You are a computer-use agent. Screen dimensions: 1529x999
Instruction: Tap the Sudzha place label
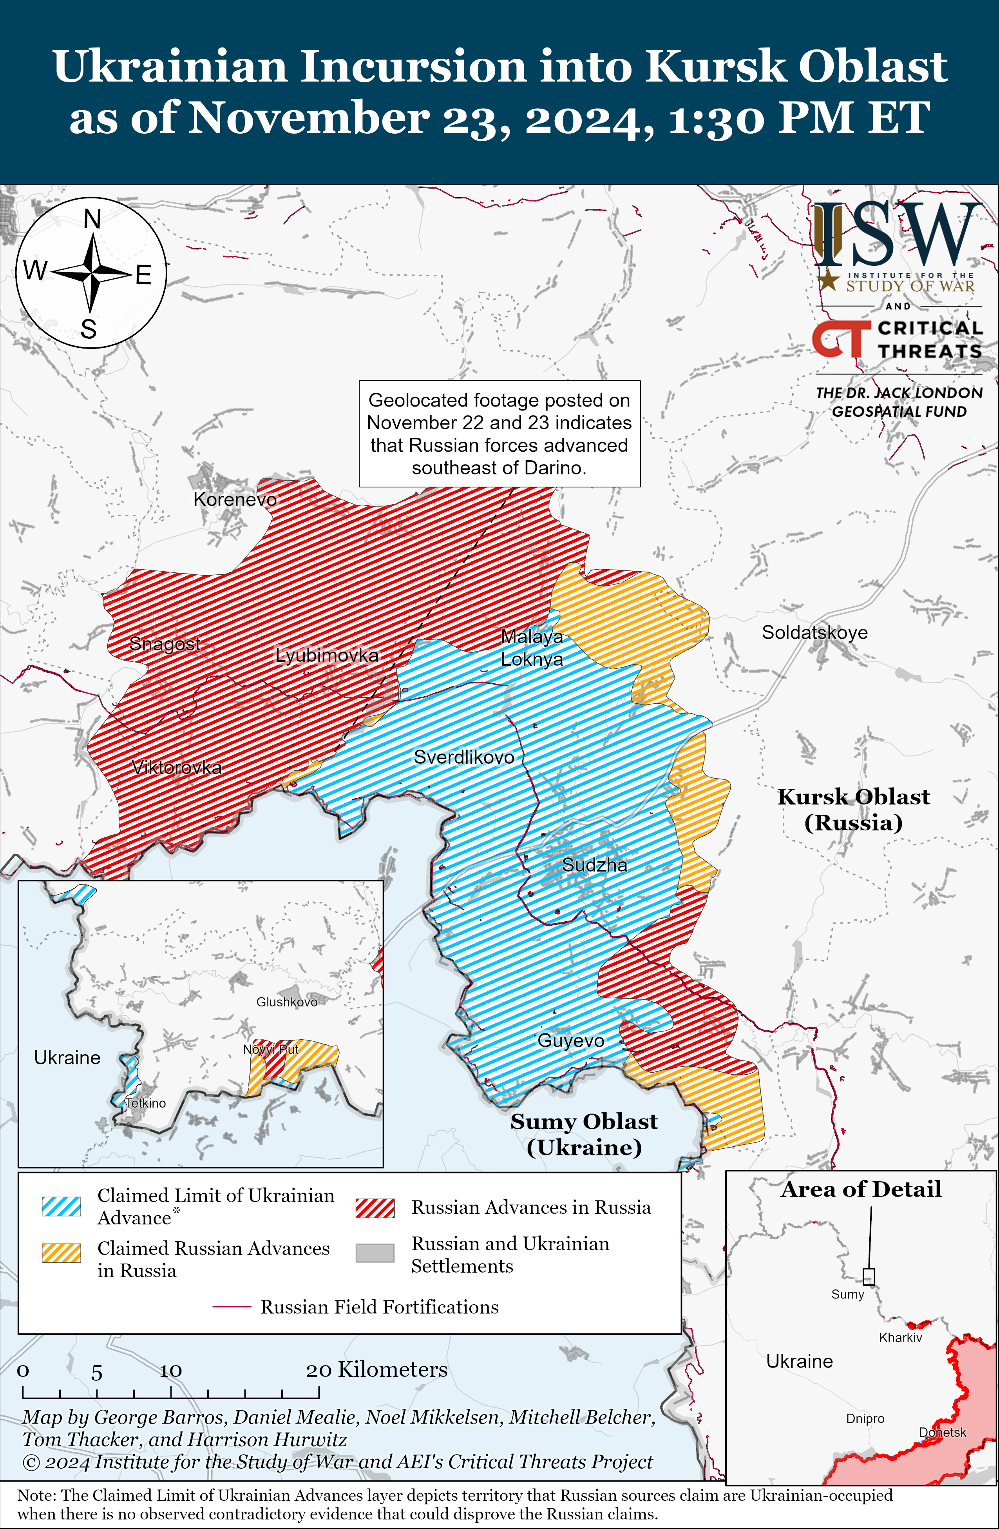click(x=595, y=865)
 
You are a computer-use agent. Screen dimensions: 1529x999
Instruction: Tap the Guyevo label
click(x=571, y=1041)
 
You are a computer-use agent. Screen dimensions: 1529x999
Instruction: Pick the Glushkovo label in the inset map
click(x=286, y=1002)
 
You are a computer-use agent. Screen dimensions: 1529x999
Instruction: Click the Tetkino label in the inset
click(x=145, y=1103)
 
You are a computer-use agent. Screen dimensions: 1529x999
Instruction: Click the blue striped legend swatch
click(x=62, y=1206)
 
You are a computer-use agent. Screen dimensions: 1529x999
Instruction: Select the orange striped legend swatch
click(x=62, y=1253)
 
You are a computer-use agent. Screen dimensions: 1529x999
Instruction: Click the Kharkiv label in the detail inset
click(x=900, y=1338)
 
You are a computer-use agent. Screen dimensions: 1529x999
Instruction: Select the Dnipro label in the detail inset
click(x=865, y=1418)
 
